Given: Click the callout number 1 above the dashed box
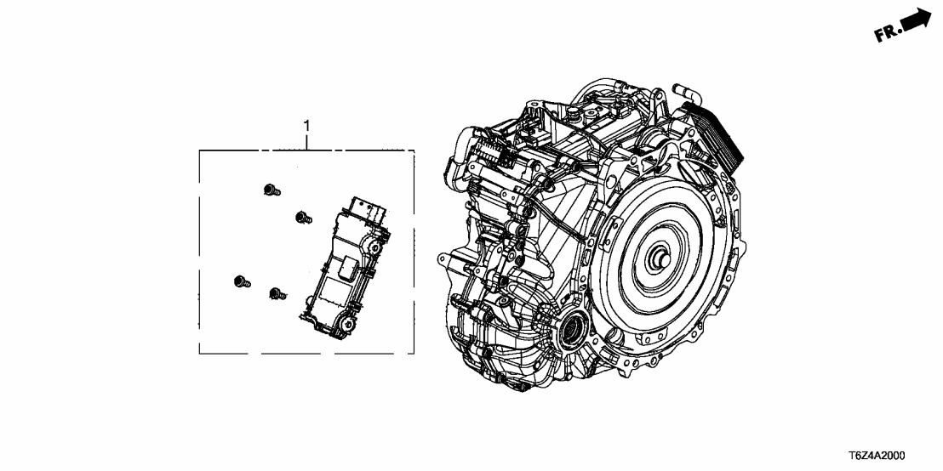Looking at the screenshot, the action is click(306, 126).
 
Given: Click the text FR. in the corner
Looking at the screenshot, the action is click(888, 32).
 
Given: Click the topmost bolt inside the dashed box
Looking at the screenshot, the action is click(271, 190).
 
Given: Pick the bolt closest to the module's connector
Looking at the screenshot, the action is click(304, 218).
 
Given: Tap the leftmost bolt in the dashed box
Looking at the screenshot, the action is click(242, 281).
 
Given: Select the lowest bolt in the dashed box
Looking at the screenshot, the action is click(277, 293).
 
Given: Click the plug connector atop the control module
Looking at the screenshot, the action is click(368, 207).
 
